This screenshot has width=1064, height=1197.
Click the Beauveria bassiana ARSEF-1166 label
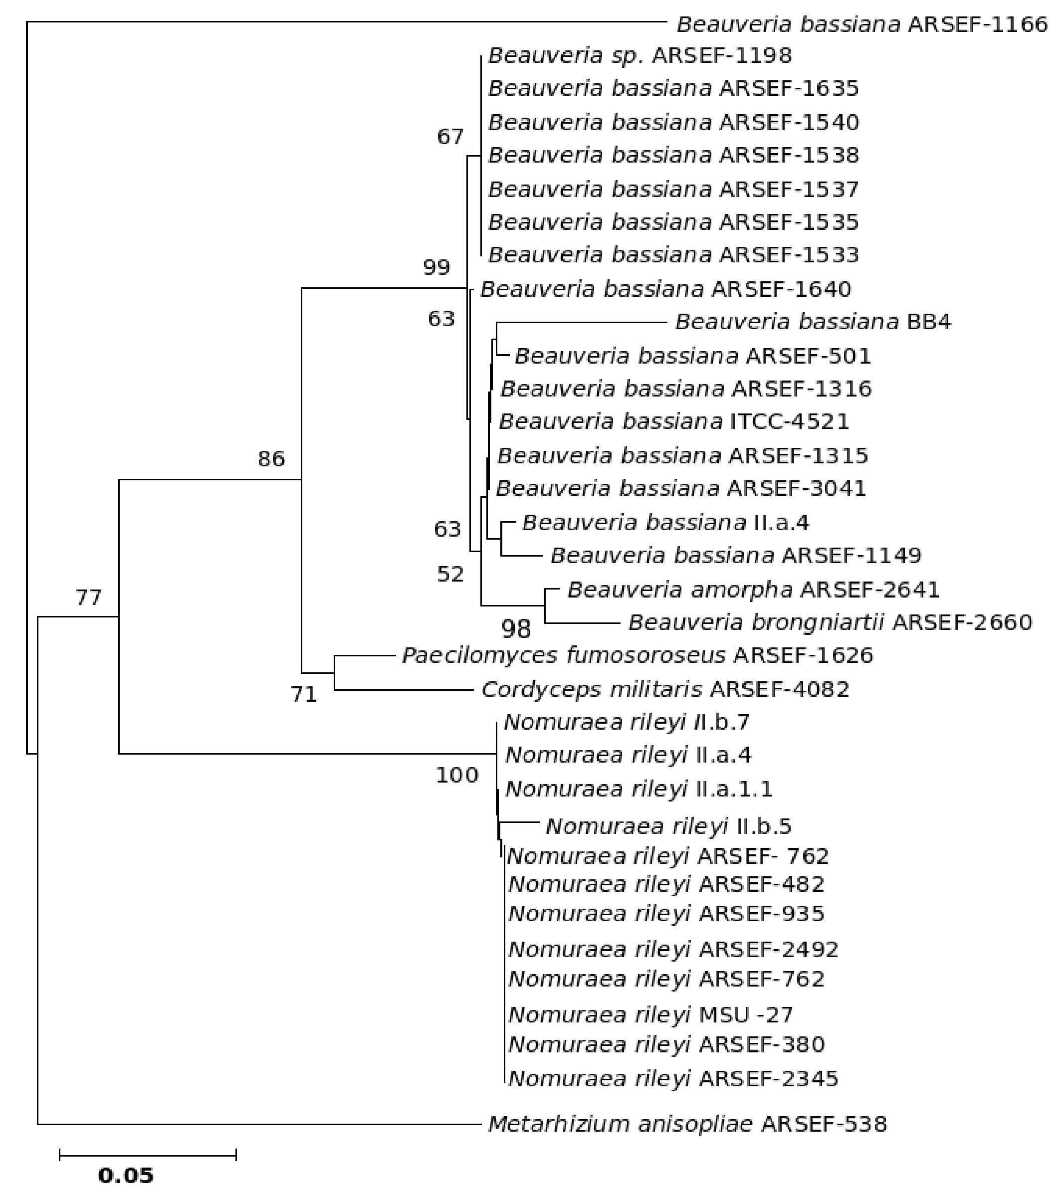point(861,24)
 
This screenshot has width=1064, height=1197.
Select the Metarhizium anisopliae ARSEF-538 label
point(687,1124)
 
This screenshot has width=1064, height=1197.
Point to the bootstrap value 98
point(516,629)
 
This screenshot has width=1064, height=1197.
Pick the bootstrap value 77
point(88,598)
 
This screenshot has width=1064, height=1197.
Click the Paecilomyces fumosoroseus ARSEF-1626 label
point(637,655)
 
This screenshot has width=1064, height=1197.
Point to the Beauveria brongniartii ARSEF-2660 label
point(830,622)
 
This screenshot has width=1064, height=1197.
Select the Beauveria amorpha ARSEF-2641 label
point(753,589)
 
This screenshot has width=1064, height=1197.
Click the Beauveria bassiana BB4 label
point(813,322)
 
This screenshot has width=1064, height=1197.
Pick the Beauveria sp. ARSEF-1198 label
point(639,56)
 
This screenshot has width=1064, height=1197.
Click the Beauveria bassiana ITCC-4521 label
point(673,421)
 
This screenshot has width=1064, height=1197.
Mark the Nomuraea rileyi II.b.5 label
point(668,826)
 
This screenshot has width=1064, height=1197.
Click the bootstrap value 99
point(436,268)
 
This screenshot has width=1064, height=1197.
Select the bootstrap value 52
point(450,575)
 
